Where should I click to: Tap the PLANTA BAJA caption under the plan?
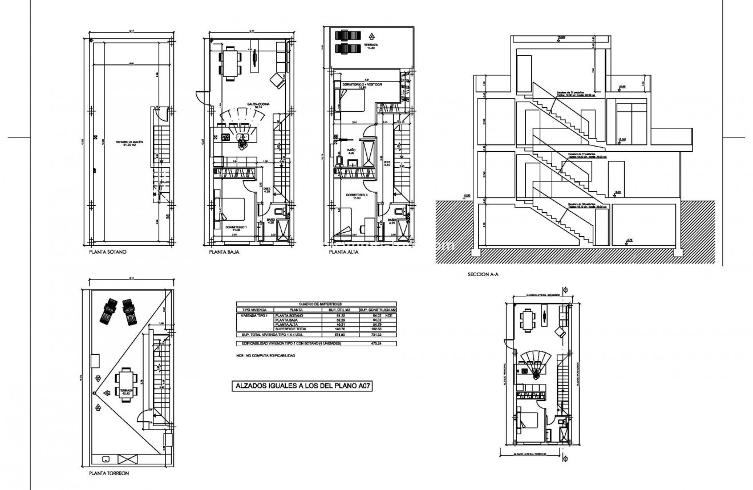coord(224,251)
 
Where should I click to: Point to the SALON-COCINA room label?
coord(254,105)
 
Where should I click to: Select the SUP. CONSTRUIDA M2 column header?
coord(377,309)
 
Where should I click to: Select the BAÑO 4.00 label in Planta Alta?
coord(350,151)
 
